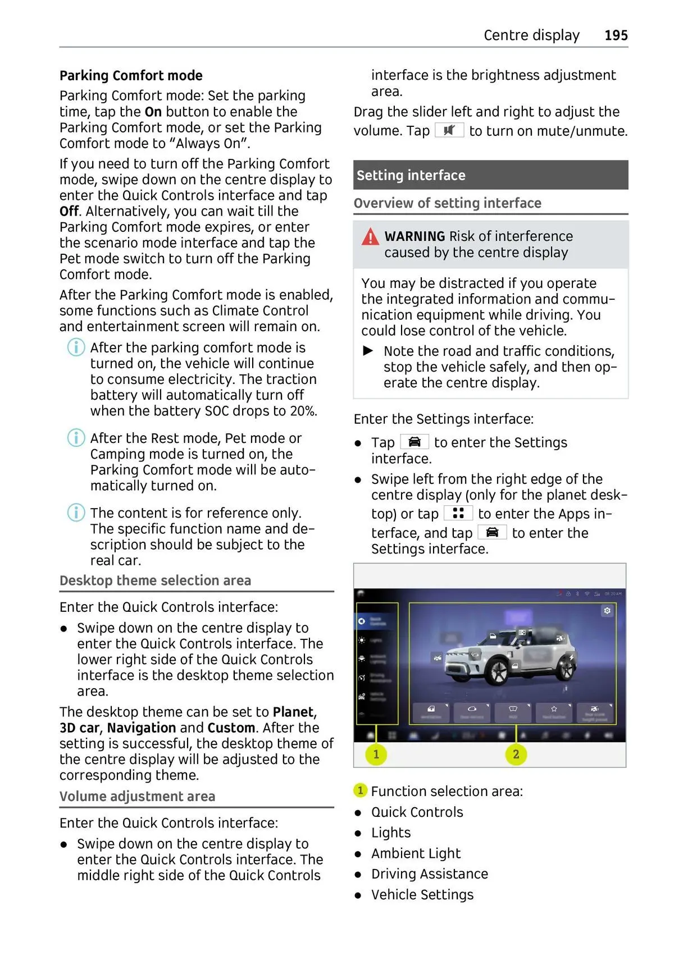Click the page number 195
coord(616,35)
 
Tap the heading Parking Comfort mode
coord(131,76)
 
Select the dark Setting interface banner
coord(490,175)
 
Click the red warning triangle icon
coord(370,237)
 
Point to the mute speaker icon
coord(449,131)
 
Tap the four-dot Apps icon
coord(458,513)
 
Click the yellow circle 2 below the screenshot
coord(516,754)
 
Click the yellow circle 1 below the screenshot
coord(376,754)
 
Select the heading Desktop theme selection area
coord(155,580)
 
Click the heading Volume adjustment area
coord(137,797)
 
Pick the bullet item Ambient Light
coord(416,853)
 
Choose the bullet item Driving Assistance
coord(429,874)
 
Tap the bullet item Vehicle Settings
coord(422,895)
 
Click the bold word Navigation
coord(142,728)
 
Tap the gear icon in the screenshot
coord(607,611)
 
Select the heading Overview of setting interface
coord(447,203)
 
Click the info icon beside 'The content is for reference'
coord(76,513)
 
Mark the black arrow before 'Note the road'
coord(368,351)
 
